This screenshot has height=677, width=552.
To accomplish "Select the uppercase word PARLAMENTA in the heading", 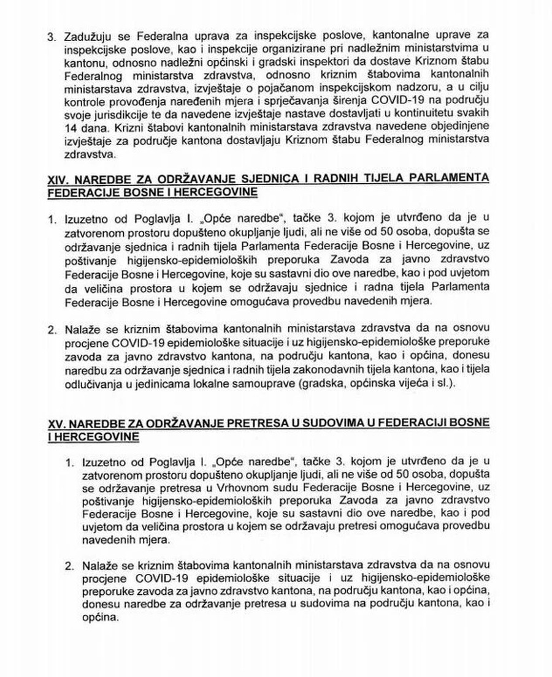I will (454, 178).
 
